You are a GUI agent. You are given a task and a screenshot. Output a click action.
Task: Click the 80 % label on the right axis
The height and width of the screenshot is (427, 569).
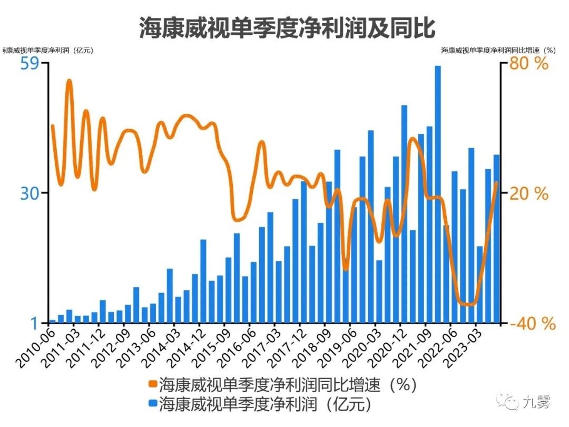(528, 64)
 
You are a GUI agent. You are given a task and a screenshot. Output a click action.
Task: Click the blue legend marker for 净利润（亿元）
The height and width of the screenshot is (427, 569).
(152, 404)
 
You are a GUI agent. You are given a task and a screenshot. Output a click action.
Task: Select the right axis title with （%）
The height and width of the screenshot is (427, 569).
(498, 51)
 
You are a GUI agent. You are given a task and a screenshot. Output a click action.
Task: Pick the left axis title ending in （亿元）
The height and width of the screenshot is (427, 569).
(47, 51)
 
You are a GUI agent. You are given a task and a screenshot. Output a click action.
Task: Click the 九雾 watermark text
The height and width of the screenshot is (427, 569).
(536, 403)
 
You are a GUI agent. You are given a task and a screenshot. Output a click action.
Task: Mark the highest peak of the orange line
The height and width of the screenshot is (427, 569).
(69, 81)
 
